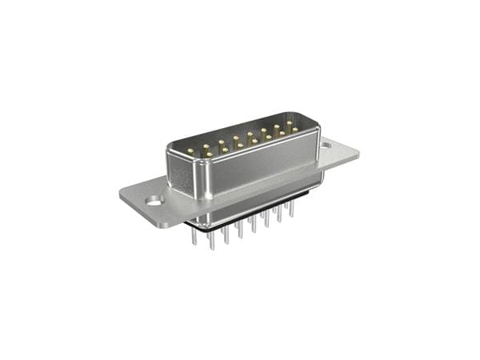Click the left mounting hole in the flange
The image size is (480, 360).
coord(152,201)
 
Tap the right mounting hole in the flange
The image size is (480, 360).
coord(326,146)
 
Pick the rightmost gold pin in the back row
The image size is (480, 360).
coord(290,123)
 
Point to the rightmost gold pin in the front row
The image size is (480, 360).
coord(295,130)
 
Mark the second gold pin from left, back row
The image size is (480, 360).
coord(206,145)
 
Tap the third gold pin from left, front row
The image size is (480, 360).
coord(239,146)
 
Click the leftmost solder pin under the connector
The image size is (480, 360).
coord(194,238)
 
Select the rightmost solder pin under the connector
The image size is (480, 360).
coord(292,210)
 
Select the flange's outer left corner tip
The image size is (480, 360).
coord(121,194)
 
